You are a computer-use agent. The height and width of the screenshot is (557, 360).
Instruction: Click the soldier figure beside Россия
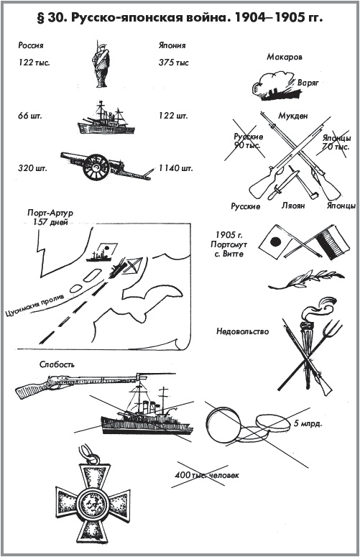click(x=100, y=65)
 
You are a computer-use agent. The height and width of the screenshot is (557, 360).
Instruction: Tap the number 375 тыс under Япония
click(x=174, y=63)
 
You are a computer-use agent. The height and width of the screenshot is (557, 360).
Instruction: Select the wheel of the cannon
click(x=96, y=167)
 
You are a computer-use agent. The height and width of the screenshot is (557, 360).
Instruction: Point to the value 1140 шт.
click(x=175, y=168)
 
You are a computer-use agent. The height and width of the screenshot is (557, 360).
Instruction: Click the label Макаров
click(x=285, y=57)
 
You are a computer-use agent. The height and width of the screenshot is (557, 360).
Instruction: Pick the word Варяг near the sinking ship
click(x=308, y=83)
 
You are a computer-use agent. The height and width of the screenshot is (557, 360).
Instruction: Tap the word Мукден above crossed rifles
click(x=293, y=116)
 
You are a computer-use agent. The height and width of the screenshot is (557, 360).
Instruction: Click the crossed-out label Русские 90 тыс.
click(x=248, y=141)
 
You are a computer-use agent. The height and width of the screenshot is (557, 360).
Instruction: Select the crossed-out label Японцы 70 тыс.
click(x=336, y=142)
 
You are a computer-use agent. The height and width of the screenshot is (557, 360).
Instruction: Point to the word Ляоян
click(x=293, y=206)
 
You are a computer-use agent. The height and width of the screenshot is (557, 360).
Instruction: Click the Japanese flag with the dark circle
click(x=274, y=244)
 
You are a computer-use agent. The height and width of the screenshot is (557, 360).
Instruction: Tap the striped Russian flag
click(x=330, y=244)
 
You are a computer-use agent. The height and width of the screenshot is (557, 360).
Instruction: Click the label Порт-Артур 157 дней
click(x=50, y=217)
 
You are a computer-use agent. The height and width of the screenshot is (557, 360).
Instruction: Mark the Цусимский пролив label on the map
click(x=34, y=305)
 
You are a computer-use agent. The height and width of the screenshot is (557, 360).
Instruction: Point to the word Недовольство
click(x=242, y=331)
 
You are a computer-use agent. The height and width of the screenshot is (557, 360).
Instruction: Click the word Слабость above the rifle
click(x=57, y=364)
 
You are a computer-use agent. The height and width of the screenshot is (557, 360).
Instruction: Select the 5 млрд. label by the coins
click(x=308, y=424)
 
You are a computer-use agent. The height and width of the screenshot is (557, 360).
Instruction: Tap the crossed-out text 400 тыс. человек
click(x=207, y=475)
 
